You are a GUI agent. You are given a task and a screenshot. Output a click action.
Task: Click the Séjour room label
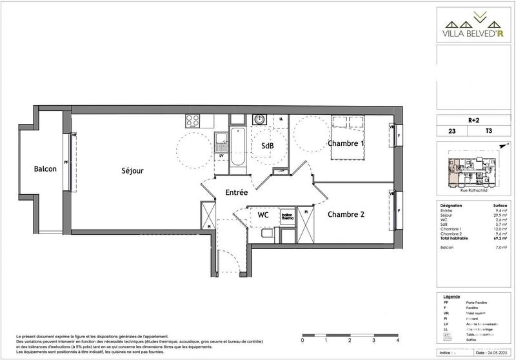(132, 171)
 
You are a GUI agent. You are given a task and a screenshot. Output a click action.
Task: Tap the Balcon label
(45, 169)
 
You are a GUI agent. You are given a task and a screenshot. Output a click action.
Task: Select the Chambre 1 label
(346, 143)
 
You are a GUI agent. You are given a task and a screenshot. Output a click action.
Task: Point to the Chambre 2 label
(346, 214)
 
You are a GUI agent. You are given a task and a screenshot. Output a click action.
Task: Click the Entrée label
(237, 192)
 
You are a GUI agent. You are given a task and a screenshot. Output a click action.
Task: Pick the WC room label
(263, 214)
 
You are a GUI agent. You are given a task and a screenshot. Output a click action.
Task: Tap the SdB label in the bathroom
(267, 146)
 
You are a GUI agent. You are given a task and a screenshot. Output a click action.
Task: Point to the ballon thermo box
(287, 217)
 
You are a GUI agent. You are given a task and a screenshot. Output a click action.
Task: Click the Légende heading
(453, 294)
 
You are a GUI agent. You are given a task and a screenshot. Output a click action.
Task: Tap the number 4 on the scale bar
(397, 340)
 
